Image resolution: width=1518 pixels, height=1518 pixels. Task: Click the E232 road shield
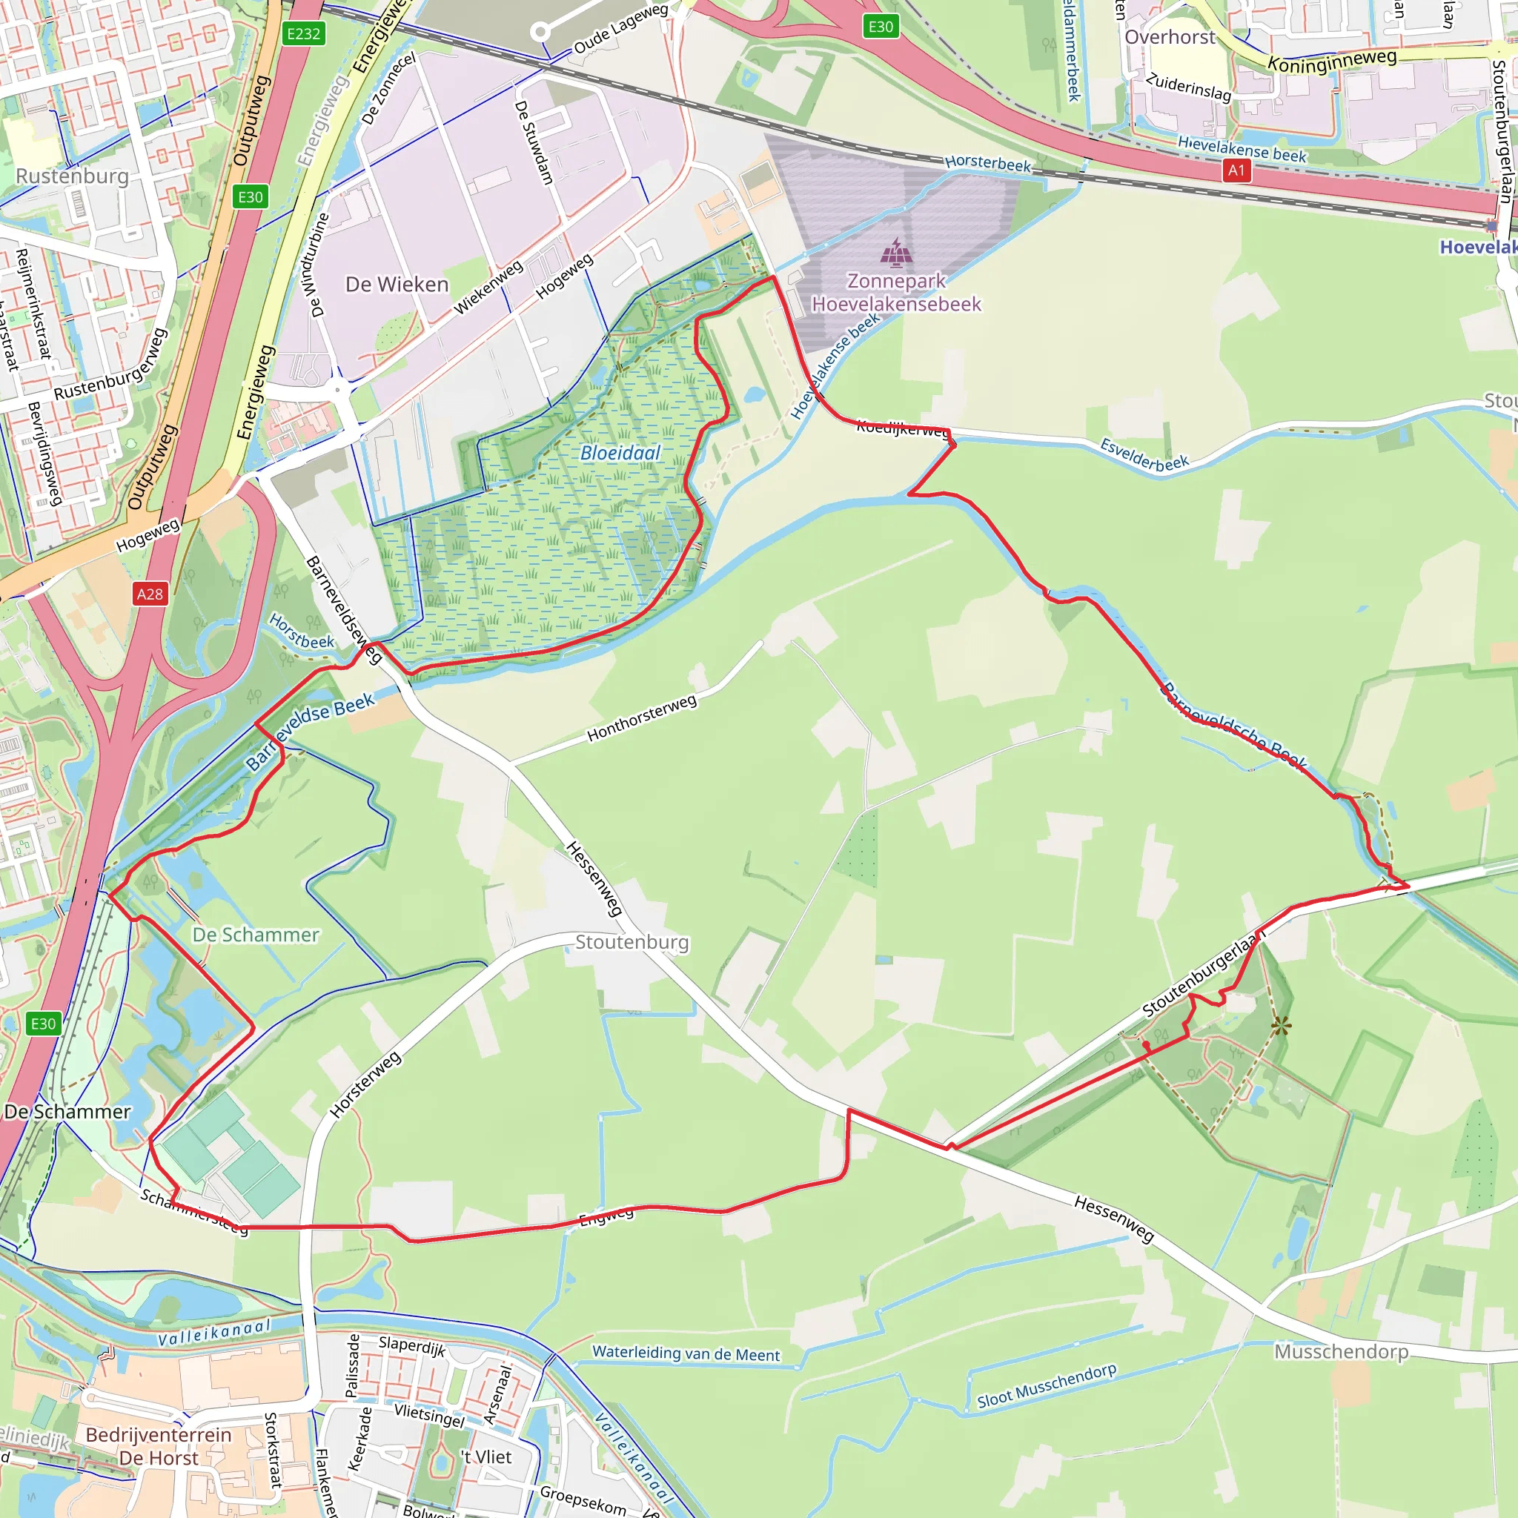303,33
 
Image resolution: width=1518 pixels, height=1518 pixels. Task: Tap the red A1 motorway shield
1236,170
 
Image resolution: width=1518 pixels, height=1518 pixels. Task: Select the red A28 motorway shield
150,594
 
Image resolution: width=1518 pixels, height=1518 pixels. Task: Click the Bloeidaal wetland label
620,453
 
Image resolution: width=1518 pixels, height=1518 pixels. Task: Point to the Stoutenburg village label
632,942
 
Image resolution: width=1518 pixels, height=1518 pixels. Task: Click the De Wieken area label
397,285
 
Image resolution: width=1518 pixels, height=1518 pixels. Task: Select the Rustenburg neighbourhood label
73,176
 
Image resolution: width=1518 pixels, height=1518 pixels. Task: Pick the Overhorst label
1169,37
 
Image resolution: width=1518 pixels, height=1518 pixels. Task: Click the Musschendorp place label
1341,1351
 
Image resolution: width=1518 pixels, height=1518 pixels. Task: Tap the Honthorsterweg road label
642,718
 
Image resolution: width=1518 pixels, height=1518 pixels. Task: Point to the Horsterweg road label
365,1084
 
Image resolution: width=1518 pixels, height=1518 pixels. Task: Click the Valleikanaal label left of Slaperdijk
213,1332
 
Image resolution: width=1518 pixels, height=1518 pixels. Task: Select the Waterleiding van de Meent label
686,1353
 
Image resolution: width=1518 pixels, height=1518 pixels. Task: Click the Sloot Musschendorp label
1046,1385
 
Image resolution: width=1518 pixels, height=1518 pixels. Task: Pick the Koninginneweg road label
1332,61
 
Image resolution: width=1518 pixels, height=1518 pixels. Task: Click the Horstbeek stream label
302,631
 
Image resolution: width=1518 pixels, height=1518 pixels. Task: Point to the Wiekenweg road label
488,288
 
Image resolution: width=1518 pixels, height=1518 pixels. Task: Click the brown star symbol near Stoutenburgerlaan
1281,1025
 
